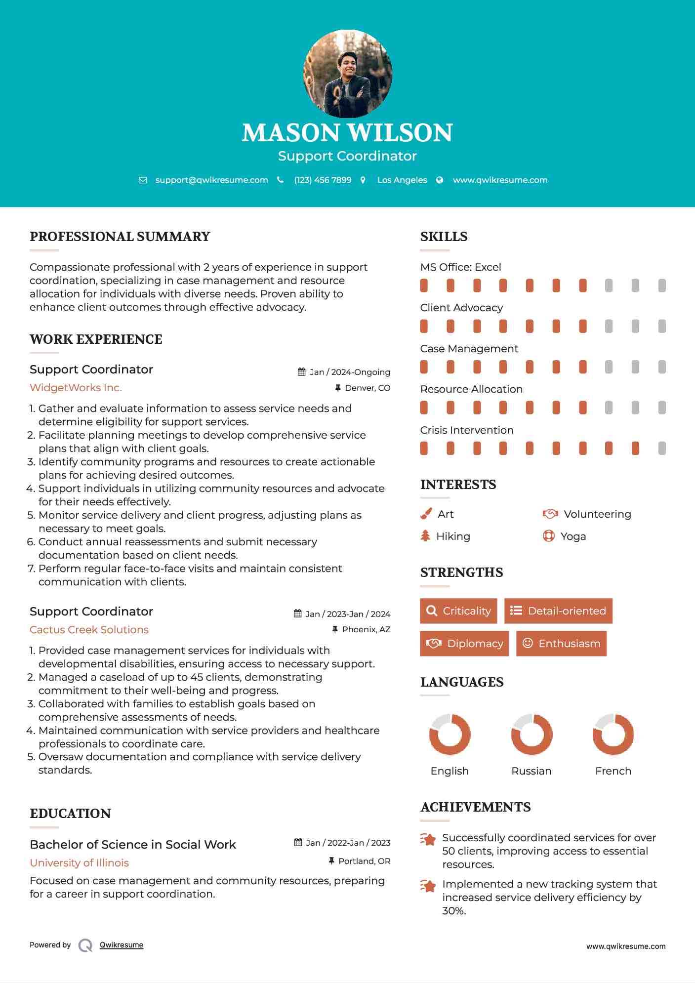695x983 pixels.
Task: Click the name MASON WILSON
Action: pyautogui.click(x=347, y=133)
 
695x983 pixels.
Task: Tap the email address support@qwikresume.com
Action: pyautogui.click(x=211, y=180)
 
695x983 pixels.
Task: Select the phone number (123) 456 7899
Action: pyautogui.click(x=323, y=180)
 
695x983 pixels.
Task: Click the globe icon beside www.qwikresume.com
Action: pyautogui.click(x=440, y=180)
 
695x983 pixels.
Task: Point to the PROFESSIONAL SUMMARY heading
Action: pyautogui.click(x=120, y=237)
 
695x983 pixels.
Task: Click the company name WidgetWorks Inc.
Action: pyautogui.click(x=76, y=388)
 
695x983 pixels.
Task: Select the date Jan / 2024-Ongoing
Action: pyautogui.click(x=349, y=372)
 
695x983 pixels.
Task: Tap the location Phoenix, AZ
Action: pyautogui.click(x=366, y=629)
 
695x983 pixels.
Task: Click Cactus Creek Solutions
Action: pyautogui.click(x=89, y=630)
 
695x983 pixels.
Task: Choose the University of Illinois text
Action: pyautogui.click(x=79, y=863)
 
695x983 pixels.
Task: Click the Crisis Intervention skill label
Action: pyautogui.click(x=467, y=430)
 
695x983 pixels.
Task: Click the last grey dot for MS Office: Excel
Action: pyautogui.click(x=662, y=286)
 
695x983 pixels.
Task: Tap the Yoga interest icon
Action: pyautogui.click(x=548, y=536)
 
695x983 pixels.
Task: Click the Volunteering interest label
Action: pyautogui.click(x=597, y=514)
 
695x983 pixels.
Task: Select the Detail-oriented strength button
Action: pyautogui.click(x=558, y=611)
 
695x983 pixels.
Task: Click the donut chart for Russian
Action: pyautogui.click(x=531, y=735)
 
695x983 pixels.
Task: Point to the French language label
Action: pyautogui.click(x=613, y=771)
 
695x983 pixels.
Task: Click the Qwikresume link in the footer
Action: pyautogui.click(x=122, y=945)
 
